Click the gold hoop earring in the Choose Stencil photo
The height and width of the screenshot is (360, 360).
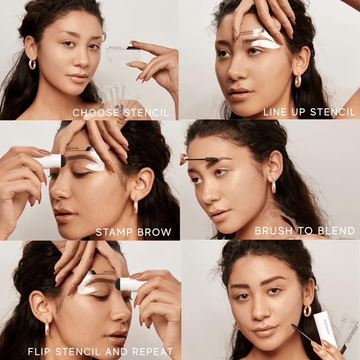[32, 64]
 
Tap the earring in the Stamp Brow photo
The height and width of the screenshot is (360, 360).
[136, 205]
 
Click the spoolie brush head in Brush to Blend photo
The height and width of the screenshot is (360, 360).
[212, 160]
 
